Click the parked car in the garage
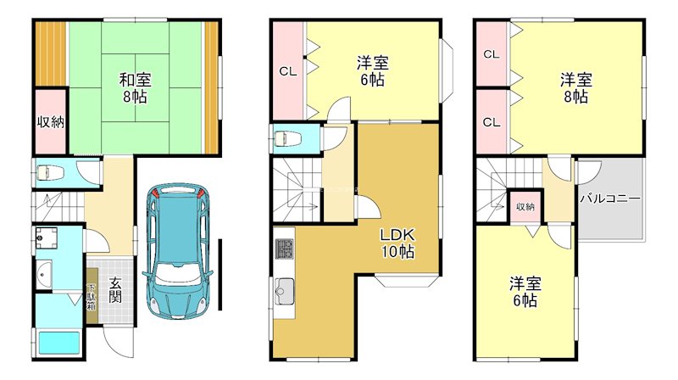tap(178, 250)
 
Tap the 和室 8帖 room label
tap(135, 88)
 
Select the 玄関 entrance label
tap(114, 289)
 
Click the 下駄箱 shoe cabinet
tap(92, 296)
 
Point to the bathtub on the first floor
tap(59, 343)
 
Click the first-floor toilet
tap(51, 174)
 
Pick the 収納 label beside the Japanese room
tap(50, 122)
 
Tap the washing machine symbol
tap(46, 237)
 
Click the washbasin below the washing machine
tap(44, 275)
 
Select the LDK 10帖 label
tap(397, 243)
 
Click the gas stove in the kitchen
tap(284, 249)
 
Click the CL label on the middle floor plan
tap(288, 71)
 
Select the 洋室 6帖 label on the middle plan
tap(372, 71)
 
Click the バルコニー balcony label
tap(609, 198)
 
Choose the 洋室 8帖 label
tap(575, 88)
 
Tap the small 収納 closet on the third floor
tap(525, 206)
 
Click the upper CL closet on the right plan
tap(492, 54)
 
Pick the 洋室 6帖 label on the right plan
tap(525, 292)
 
